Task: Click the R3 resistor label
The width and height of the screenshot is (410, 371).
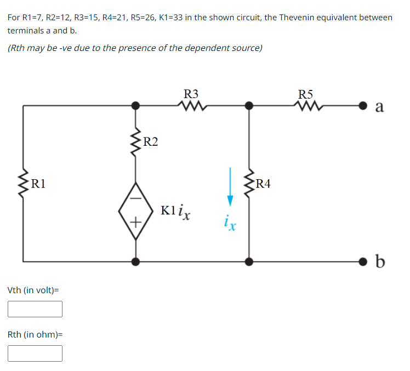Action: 192,93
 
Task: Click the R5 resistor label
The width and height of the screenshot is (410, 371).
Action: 307,93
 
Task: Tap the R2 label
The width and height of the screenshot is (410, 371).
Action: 150,142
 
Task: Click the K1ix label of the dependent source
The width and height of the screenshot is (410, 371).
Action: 175,211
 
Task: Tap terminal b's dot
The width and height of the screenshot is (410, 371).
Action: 363,261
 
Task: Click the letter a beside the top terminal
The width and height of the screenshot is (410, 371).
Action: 379,106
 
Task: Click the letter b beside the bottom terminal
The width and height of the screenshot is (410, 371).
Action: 380,261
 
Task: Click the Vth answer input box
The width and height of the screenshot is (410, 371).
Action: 35,309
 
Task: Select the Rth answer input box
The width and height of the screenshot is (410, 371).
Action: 35,353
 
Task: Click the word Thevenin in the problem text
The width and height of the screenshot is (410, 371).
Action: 298,18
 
